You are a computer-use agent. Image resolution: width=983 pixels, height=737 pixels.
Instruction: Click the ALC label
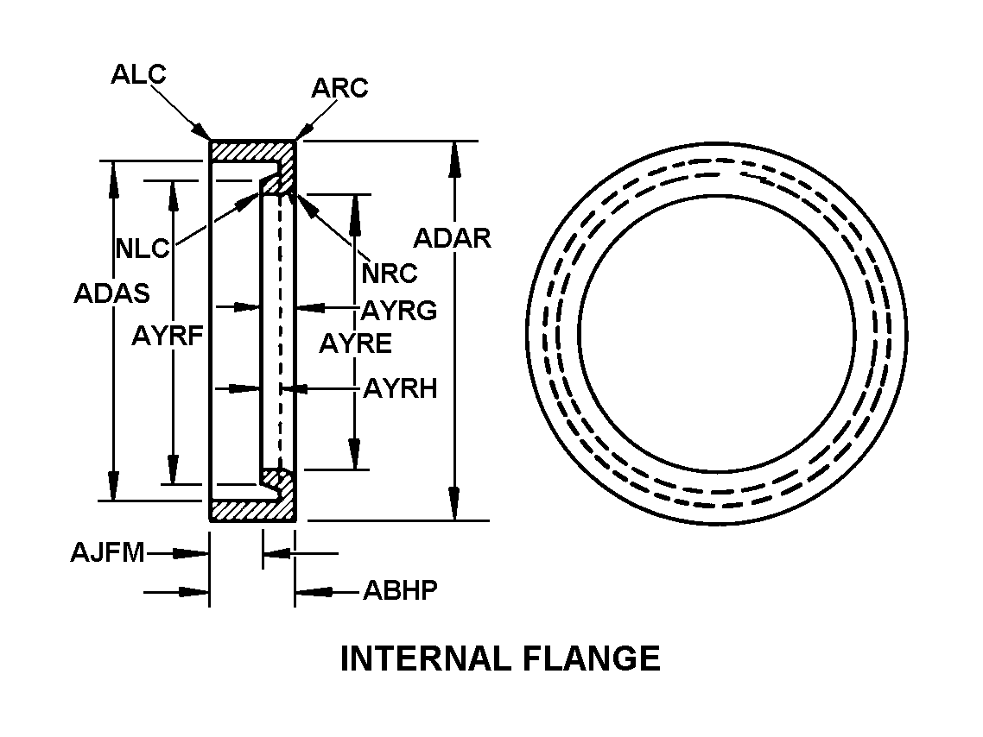tap(138, 74)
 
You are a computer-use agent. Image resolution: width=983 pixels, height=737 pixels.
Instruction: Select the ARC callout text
tap(339, 88)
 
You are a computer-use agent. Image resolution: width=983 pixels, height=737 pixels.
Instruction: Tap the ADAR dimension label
tap(452, 237)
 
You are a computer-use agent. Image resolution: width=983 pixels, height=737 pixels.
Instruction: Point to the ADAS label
tap(111, 293)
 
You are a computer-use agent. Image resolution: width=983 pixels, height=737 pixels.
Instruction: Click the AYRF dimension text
tap(168, 336)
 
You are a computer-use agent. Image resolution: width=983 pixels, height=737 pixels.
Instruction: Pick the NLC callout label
tap(143, 249)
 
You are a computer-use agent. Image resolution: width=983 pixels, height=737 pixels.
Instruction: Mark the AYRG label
tap(399, 310)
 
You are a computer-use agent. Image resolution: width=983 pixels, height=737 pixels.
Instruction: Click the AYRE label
tap(355, 343)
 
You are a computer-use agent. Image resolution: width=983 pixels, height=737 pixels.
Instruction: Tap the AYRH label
tap(400, 389)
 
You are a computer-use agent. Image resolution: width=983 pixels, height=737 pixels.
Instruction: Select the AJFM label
tap(107, 552)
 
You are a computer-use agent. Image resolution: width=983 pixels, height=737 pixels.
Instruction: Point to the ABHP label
tap(400, 591)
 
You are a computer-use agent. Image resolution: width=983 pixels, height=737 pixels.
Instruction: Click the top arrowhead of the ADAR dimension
tap(453, 155)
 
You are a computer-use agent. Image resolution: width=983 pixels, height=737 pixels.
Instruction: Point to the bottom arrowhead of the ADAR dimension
tap(453, 506)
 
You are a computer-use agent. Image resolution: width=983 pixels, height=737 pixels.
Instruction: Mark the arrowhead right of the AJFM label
tap(196, 553)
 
